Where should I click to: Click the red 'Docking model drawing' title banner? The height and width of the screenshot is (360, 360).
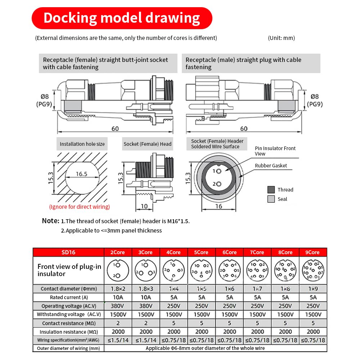pyautogui.click(x=122, y=18)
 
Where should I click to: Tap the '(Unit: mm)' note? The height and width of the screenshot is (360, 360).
pyautogui.click(x=281, y=38)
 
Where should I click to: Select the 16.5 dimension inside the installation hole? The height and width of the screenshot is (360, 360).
pyautogui.click(x=81, y=174)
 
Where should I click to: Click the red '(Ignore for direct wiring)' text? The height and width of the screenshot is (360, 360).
pyautogui.click(x=80, y=207)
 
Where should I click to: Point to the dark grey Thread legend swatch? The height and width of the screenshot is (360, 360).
pyautogui.click(x=271, y=190)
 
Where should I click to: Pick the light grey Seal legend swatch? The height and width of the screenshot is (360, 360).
pyautogui.click(x=271, y=199)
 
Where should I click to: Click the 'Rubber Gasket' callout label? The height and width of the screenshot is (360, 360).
pyautogui.click(x=271, y=166)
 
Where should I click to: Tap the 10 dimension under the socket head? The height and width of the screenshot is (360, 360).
pyautogui.click(x=144, y=206)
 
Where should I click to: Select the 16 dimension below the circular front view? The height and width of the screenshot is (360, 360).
pyautogui.click(x=219, y=206)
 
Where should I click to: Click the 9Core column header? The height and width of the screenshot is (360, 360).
pyautogui.click(x=313, y=252)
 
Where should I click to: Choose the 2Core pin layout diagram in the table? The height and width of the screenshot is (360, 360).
pyautogui.click(x=118, y=270)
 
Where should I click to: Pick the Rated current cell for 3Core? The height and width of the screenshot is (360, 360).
pyautogui.click(x=146, y=297)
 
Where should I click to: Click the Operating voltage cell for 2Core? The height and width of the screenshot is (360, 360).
pyautogui.click(x=118, y=306)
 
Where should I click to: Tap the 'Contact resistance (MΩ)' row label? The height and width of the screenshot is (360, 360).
pyautogui.click(x=68, y=323)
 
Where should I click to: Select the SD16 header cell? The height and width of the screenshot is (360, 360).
pyautogui.click(x=68, y=252)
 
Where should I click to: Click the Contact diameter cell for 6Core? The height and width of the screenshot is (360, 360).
pyautogui.click(x=230, y=289)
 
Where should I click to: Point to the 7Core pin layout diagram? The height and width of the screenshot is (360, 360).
pyautogui.click(x=258, y=270)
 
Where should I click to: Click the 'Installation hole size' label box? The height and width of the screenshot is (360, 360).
pyautogui.click(x=82, y=144)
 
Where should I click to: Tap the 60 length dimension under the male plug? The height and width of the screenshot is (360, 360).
pyautogui.click(x=244, y=129)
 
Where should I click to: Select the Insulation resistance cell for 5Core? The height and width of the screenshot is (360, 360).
pyautogui.click(x=202, y=332)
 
